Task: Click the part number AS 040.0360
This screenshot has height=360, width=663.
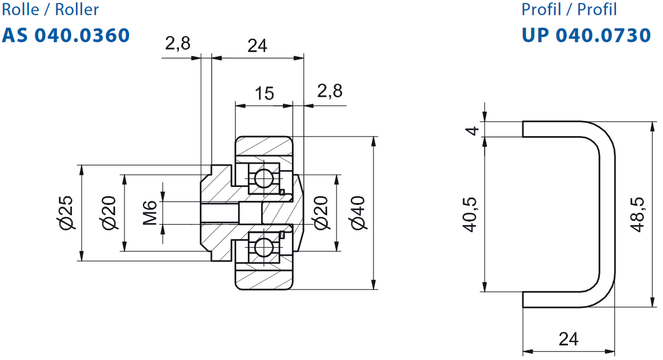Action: [x=66, y=35]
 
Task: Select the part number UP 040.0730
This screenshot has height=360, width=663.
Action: [x=586, y=35]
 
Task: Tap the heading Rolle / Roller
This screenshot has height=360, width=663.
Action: [x=50, y=9]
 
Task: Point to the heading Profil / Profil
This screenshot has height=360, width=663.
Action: [x=569, y=9]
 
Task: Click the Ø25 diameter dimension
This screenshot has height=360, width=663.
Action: [x=67, y=212]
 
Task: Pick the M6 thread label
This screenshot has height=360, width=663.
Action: [x=150, y=212]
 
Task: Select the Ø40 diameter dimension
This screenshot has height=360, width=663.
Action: [x=358, y=212]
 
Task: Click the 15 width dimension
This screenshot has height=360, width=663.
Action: [x=264, y=93]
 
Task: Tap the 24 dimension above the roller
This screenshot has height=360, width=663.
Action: [x=257, y=46]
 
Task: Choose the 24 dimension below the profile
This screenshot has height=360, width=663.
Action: [x=568, y=339]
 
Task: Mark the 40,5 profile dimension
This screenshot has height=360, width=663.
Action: [x=470, y=214]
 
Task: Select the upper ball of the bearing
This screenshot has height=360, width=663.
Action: [x=263, y=178]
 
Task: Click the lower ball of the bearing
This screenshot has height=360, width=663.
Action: [x=263, y=247]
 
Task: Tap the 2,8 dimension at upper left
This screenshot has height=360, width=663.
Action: [x=178, y=43]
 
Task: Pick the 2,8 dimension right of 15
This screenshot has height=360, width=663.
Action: [x=330, y=91]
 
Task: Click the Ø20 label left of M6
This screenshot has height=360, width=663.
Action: [x=109, y=212]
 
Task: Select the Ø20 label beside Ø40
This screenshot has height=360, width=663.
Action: [x=321, y=212]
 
